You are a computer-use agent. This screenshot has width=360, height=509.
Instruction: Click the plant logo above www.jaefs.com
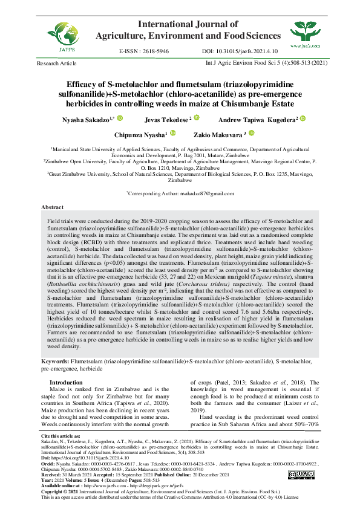pyautogui.click(x=306, y=31)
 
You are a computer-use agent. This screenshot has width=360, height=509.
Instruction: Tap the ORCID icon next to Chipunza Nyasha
pyautogui.click(x=172, y=133)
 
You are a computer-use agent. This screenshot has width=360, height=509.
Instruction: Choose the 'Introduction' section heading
pyautogui.click(x=66, y=383)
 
